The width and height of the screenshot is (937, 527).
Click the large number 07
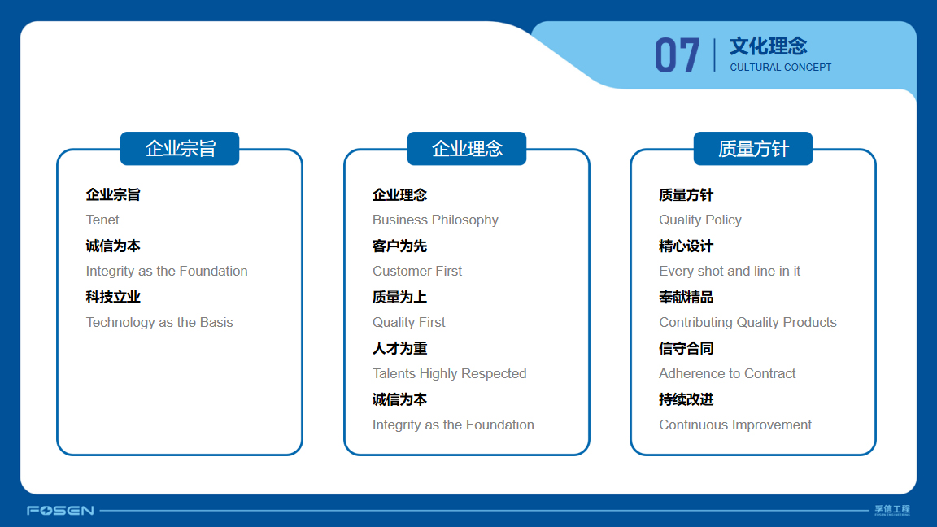(x=677, y=55)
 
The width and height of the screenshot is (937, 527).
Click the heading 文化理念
(x=768, y=46)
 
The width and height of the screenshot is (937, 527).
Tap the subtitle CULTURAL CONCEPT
(x=781, y=68)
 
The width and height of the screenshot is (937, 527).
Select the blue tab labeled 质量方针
(x=753, y=148)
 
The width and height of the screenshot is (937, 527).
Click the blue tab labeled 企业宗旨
(x=180, y=148)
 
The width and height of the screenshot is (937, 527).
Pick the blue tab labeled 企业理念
(x=467, y=148)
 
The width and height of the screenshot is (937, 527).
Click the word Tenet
(x=102, y=220)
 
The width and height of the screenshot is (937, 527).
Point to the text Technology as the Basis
(x=159, y=323)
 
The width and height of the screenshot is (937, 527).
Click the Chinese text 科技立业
(x=113, y=297)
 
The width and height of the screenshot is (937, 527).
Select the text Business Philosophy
(x=435, y=220)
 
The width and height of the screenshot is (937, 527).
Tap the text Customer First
(x=417, y=272)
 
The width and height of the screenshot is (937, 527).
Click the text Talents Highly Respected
(x=449, y=374)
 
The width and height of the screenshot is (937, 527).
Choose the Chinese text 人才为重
(x=400, y=348)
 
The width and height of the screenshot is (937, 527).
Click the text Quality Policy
(x=700, y=220)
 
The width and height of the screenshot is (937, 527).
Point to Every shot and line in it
(x=730, y=272)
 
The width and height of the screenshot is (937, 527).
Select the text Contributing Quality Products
(x=747, y=323)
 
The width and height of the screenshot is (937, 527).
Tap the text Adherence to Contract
(x=727, y=374)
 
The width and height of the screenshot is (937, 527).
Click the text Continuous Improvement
(x=735, y=425)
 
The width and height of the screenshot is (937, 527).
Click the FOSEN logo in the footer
(x=60, y=510)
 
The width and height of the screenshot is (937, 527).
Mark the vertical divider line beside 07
(x=714, y=55)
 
